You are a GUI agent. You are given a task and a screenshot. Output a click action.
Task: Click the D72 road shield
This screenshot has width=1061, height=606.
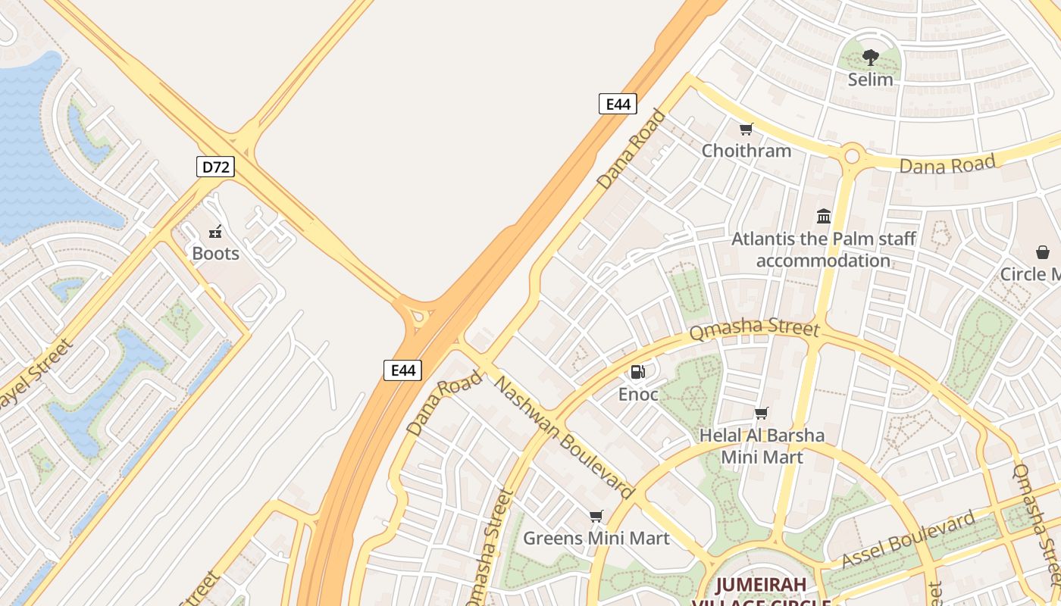click(215, 167)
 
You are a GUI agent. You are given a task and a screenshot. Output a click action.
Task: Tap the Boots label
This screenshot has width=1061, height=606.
click(215, 254)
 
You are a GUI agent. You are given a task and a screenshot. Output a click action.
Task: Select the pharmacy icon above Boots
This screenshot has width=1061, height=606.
click(215, 232)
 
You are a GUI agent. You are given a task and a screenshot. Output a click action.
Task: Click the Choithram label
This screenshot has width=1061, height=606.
click(746, 151)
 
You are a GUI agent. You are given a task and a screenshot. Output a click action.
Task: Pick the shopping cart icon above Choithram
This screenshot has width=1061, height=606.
click(746, 130)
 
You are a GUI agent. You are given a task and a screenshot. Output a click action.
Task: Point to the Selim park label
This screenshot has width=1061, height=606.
click(870, 80)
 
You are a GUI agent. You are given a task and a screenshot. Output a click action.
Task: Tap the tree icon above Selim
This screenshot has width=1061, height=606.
click(871, 58)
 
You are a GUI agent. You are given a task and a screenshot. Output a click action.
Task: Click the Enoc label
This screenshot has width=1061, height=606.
click(638, 395)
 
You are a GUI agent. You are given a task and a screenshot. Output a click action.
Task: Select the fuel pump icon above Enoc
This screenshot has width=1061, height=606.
click(638, 372)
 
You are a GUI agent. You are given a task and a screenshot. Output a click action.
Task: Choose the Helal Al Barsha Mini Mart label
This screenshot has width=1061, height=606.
click(762, 446)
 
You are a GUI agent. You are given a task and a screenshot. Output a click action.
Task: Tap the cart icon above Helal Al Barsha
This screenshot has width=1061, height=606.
click(762, 414)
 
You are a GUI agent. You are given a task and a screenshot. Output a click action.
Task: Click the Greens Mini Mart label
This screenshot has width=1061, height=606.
click(596, 539)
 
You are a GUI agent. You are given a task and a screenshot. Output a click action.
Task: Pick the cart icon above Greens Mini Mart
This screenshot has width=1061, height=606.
click(596, 517)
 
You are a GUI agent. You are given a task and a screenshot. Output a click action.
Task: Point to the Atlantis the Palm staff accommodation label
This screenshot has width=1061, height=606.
click(824, 250)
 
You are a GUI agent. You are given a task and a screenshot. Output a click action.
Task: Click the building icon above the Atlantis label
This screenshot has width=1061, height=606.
click(824, 217)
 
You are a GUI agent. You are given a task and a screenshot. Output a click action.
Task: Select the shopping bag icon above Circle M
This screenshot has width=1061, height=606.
click(1043, 252)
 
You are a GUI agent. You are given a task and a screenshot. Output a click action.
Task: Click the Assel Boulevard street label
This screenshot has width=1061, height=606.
click(909, 540)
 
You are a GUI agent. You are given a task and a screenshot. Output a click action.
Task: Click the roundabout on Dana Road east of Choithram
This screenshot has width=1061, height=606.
click(852, 157)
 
